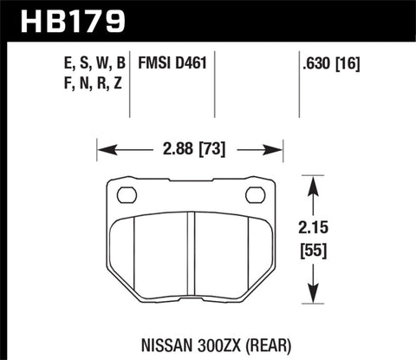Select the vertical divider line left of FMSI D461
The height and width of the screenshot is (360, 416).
coord(130,82)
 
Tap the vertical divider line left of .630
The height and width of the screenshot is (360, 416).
coord(290,82)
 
